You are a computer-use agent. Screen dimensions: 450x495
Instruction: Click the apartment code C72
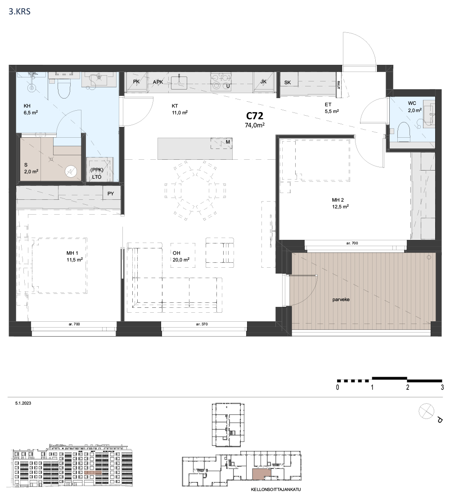255,116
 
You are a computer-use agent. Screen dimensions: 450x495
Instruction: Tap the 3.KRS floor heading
20,12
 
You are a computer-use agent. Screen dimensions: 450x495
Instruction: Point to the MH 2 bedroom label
337,200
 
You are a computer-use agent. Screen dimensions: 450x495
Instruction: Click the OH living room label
176,253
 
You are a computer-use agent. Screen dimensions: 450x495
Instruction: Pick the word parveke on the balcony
341,299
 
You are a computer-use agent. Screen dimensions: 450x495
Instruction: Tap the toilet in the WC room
403,132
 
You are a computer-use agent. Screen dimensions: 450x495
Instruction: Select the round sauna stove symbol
71,172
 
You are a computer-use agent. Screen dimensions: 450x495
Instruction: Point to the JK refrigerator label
263,81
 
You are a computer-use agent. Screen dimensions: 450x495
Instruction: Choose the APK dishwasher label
158,82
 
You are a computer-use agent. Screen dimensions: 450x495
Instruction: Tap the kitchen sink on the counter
179,81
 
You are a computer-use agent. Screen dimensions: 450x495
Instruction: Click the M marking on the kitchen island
228,142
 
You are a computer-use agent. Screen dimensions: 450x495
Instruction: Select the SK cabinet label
288,82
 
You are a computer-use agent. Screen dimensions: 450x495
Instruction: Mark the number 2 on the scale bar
408,387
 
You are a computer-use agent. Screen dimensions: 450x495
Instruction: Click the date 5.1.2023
23,403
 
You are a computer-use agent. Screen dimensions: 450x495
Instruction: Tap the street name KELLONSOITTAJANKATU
276,489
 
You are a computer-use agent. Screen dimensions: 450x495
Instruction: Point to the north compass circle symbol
426,411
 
